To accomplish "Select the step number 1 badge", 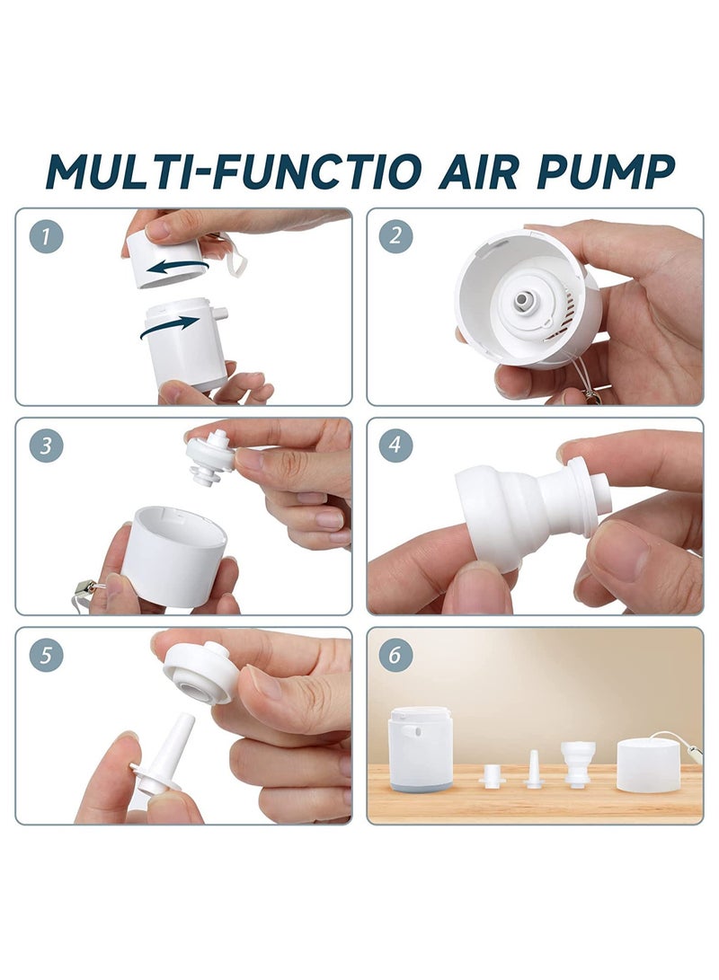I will click(x=46, y=237).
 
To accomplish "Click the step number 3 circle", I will click(x=46, y=446).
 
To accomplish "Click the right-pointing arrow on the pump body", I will click(x=171, y=327).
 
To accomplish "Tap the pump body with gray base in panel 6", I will click(x=420, y=747).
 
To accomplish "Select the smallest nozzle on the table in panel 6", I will click(x=493, y=775).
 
